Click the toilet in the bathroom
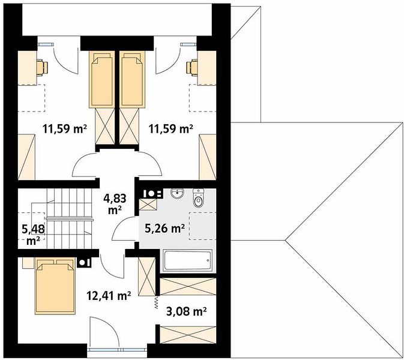pyautogui.click(x=198, y=198)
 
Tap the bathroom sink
pyautogui.click(x=177, y=193)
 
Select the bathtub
pyautogui.click(x=188, y=260)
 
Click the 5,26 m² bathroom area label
pyautogui.click(x=164, y=228)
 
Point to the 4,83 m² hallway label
pyautogui.click(x=115, y=204)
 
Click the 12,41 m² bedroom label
pyautogui.click(x=109, y=296)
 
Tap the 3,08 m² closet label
pyautogui.click(x=186, y=311)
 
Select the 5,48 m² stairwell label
pyautogui.click(x=33, y=235)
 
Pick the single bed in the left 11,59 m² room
pyautogui.click(x=102, y=79)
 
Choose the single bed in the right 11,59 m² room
pyautogui.click(x=132, y=79)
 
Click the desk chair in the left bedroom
pyautogui.click(x=42, y=68)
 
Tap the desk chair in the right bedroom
pyautogui.click(x=192, y=68)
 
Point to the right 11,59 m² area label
pyautogui.click(x=171, y=129)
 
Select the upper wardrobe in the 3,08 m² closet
pyautogui.click(x=188, y=286)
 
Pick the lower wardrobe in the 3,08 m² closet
pyautogui.click(x=188, y=335)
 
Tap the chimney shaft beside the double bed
pyautogui.click(x=84, y=262)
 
